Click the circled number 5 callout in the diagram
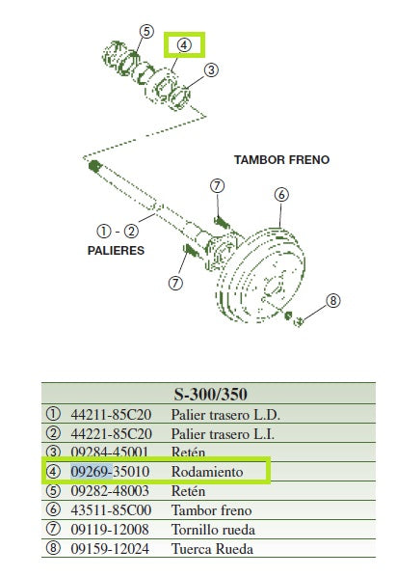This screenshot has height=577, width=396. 145,32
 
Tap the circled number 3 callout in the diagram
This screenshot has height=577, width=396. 212,69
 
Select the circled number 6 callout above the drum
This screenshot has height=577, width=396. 281,195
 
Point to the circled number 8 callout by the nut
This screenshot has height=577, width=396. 333,301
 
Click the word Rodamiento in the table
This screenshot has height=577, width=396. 207,472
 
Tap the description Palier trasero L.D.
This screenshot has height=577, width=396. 225,414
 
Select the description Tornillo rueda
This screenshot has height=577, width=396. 213,530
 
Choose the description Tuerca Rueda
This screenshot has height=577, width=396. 212,549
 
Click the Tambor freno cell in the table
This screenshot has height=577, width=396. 211,510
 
